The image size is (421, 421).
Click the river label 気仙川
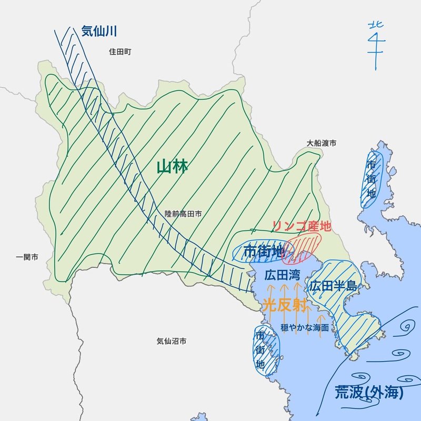[x=98, y=32]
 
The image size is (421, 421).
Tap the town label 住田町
[x=119, y=52]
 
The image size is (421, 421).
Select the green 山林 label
[x=172, y=167]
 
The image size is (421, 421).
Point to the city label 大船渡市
[x=322, y=143]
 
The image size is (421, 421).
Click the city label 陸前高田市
[x=184, y=214]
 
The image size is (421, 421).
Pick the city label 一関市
[x=27, y=257]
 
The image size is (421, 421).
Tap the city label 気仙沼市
[x=172, y=342]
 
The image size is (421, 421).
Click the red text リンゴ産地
[x=302, y=226]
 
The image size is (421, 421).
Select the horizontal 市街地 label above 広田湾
[x=263, y=252]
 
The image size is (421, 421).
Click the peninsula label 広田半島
[x=333, y=287]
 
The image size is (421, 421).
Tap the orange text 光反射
[x=284, y=305]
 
